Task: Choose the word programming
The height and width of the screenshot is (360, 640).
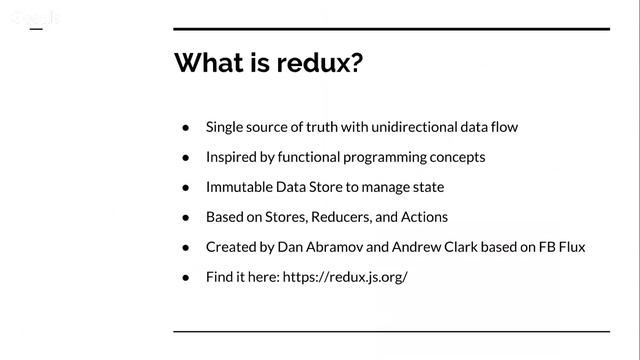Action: click(384, 158)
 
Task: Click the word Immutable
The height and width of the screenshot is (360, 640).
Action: click(239, 187)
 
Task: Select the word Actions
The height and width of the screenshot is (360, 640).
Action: click(424, 217)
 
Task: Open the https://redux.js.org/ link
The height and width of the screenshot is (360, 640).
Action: click(345, 277)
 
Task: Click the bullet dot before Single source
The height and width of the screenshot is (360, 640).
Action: click(186, 128)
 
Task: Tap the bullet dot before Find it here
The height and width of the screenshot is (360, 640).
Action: click(186, 278)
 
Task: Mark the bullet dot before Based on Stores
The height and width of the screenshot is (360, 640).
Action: click(186, 218)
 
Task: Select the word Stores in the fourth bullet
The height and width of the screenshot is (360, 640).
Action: click(286, 217)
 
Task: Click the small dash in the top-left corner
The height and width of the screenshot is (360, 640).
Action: click(36, 29)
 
